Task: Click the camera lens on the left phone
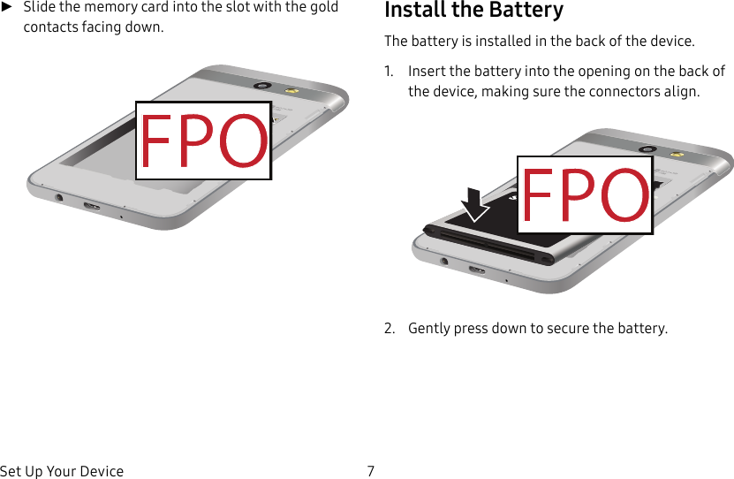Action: [261, 86]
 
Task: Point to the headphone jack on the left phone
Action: [59, 197]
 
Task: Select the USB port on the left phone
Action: [91, 207]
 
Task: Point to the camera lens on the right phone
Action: [647, 149]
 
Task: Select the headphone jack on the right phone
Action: [444, 261]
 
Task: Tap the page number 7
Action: [370, 471]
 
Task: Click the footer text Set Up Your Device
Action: [62, 471]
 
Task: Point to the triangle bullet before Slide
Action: [7, 7]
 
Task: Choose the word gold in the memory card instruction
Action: [323, 7]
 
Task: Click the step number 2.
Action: [389, 329]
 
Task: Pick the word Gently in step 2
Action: [428, 329]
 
